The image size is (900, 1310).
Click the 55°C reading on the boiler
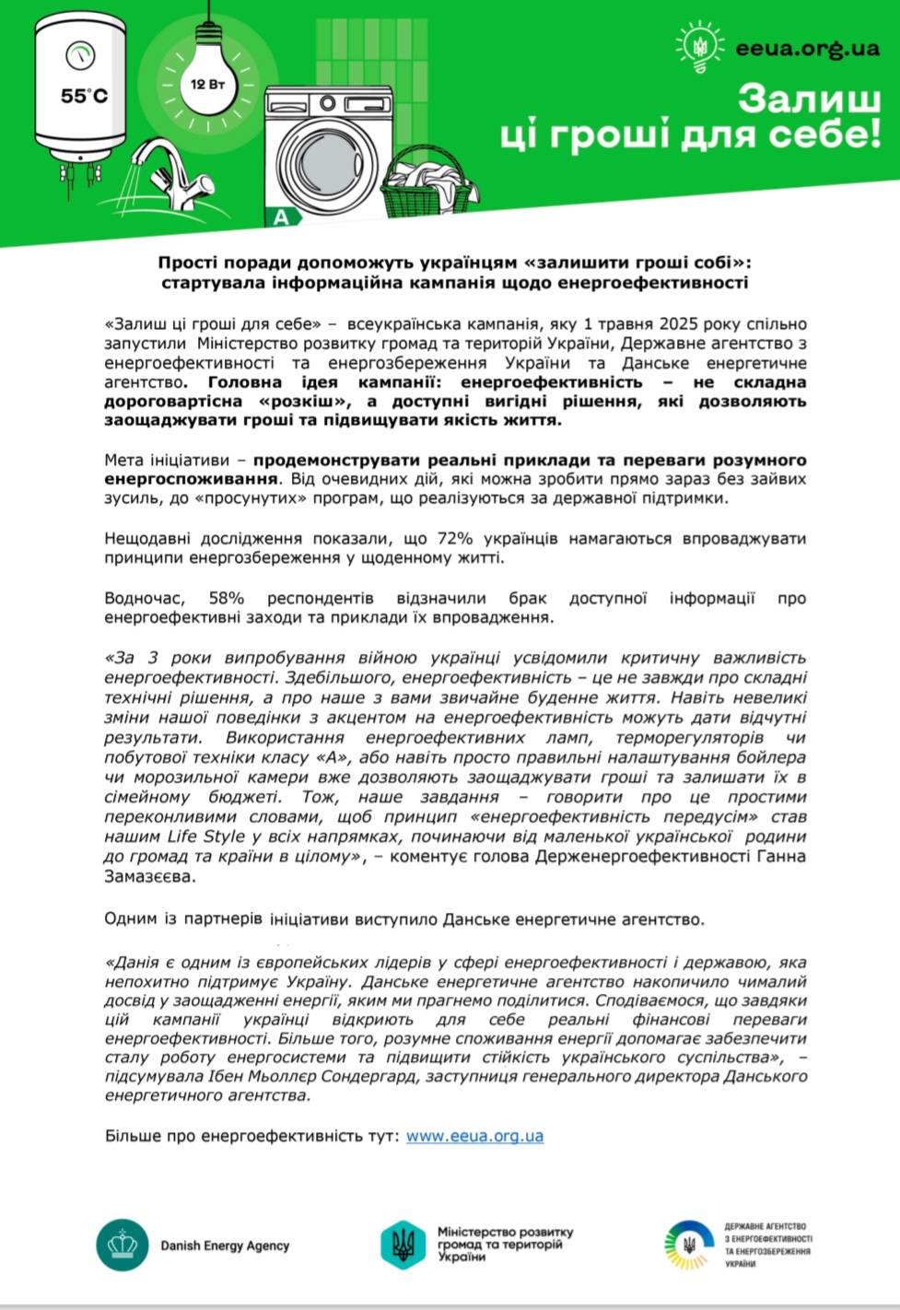(84, 96)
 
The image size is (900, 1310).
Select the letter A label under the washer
(281, 218)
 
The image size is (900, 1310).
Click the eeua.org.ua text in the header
(807, 48)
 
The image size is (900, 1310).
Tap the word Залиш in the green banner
(808, 99)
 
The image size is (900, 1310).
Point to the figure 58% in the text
(226, 598)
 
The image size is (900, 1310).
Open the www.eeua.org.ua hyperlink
(474, 1136)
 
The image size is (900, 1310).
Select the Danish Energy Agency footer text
(225, 1246)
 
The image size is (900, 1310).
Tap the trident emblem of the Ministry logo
(403, 1244)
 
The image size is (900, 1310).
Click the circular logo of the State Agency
(688, 1245)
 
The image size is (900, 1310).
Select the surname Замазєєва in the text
(150, 876)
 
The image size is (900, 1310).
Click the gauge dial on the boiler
(80, 54)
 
